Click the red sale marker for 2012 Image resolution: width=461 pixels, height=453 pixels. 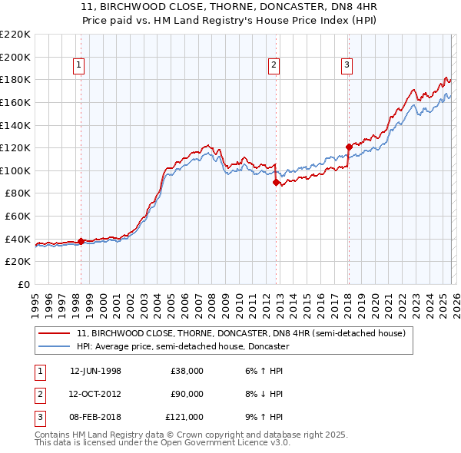click(x=275, y=183)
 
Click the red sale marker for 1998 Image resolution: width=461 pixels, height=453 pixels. click(x=81, y=241)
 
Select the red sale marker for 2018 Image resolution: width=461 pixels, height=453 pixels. click(x=348, y=147)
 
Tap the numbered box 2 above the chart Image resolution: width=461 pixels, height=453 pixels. click(x=274, y=66)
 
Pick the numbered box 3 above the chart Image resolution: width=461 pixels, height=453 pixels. click(x=347, y=66)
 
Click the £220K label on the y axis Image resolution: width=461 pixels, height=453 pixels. click(x=15, y=35)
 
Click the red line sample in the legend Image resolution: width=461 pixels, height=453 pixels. click(x=55, y=333)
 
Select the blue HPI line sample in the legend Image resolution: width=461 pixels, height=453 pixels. click(x=55, y=346)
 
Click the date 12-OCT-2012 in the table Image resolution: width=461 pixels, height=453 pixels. click(x=95, y=394)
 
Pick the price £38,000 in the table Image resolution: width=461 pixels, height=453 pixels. click(x=187, y=371)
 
